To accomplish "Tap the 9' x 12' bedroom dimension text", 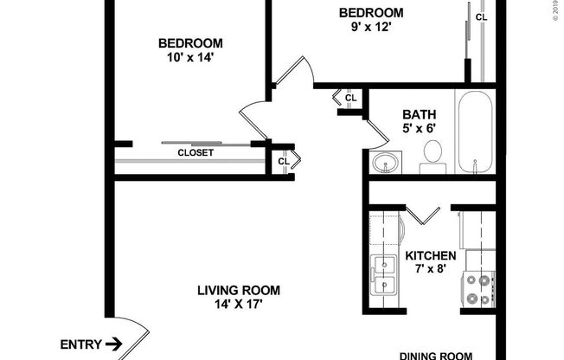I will pos(371,27).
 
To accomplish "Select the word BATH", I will pos(419,113).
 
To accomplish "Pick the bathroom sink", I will pos(386,161).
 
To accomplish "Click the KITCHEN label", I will pos(431,256).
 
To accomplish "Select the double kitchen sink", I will pos(382,274).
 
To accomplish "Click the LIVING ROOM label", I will pos(238,291).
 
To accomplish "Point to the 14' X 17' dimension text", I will pos(237,305).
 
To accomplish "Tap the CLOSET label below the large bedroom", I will pos(195,152).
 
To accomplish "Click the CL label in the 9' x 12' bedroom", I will pos(481,16).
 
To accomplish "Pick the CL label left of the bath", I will pos(350,98).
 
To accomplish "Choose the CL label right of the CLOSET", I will pos(284,160).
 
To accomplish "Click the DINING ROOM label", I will pos(437,355).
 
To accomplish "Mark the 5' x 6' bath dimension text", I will pos(419,128).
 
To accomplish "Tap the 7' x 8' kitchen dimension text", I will pos(430,270).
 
